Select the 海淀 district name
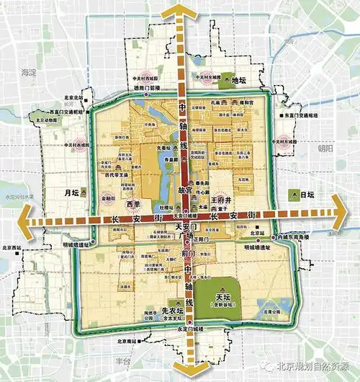point(28,73)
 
